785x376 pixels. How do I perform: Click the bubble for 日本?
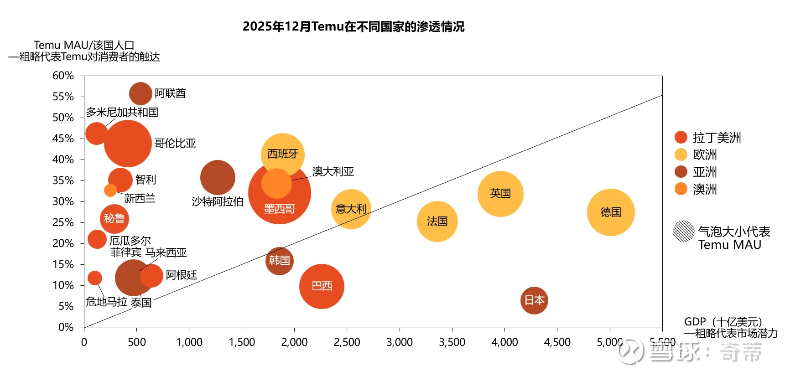tap(534, 300)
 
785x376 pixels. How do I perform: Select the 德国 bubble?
tap(611, 212)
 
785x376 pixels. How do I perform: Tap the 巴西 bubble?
tap(322, 286)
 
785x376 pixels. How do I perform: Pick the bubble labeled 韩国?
tap(279, 261)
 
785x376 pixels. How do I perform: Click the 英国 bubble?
tap(500, 194)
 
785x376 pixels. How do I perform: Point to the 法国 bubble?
tap(437, 221)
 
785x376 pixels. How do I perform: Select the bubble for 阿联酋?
tap(140, 94)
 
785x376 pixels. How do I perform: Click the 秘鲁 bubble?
tap(114, 219)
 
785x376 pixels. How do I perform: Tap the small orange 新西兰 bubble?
tap(110, 190)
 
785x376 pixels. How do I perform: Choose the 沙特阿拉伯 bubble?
tap(218, 177)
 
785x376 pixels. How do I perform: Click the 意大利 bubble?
tap(351, 209)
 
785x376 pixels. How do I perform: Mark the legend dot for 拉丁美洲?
tap(681, 137)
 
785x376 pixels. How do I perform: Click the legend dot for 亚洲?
tap(681, 172)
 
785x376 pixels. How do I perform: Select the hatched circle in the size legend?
tap(683, 231)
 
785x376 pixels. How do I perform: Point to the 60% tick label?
tap(63, 76)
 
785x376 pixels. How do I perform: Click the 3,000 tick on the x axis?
tap(400, 342)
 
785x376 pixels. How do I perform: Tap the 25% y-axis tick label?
tap(63, 222)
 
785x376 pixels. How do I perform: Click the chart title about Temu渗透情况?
tap(354, 26)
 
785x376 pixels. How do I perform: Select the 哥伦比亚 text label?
tap(175, 143)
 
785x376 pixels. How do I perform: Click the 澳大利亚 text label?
tap(333, 171)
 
